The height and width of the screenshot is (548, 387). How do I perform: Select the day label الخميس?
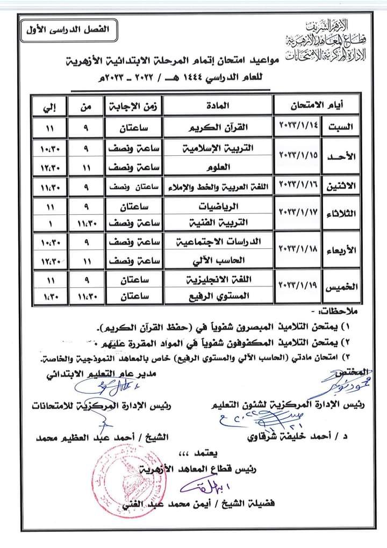tap(340, 287)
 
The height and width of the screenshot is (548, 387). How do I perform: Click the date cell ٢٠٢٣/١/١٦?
tap(297, 184)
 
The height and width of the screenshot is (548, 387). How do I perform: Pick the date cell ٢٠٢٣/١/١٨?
tap(297, 250)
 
